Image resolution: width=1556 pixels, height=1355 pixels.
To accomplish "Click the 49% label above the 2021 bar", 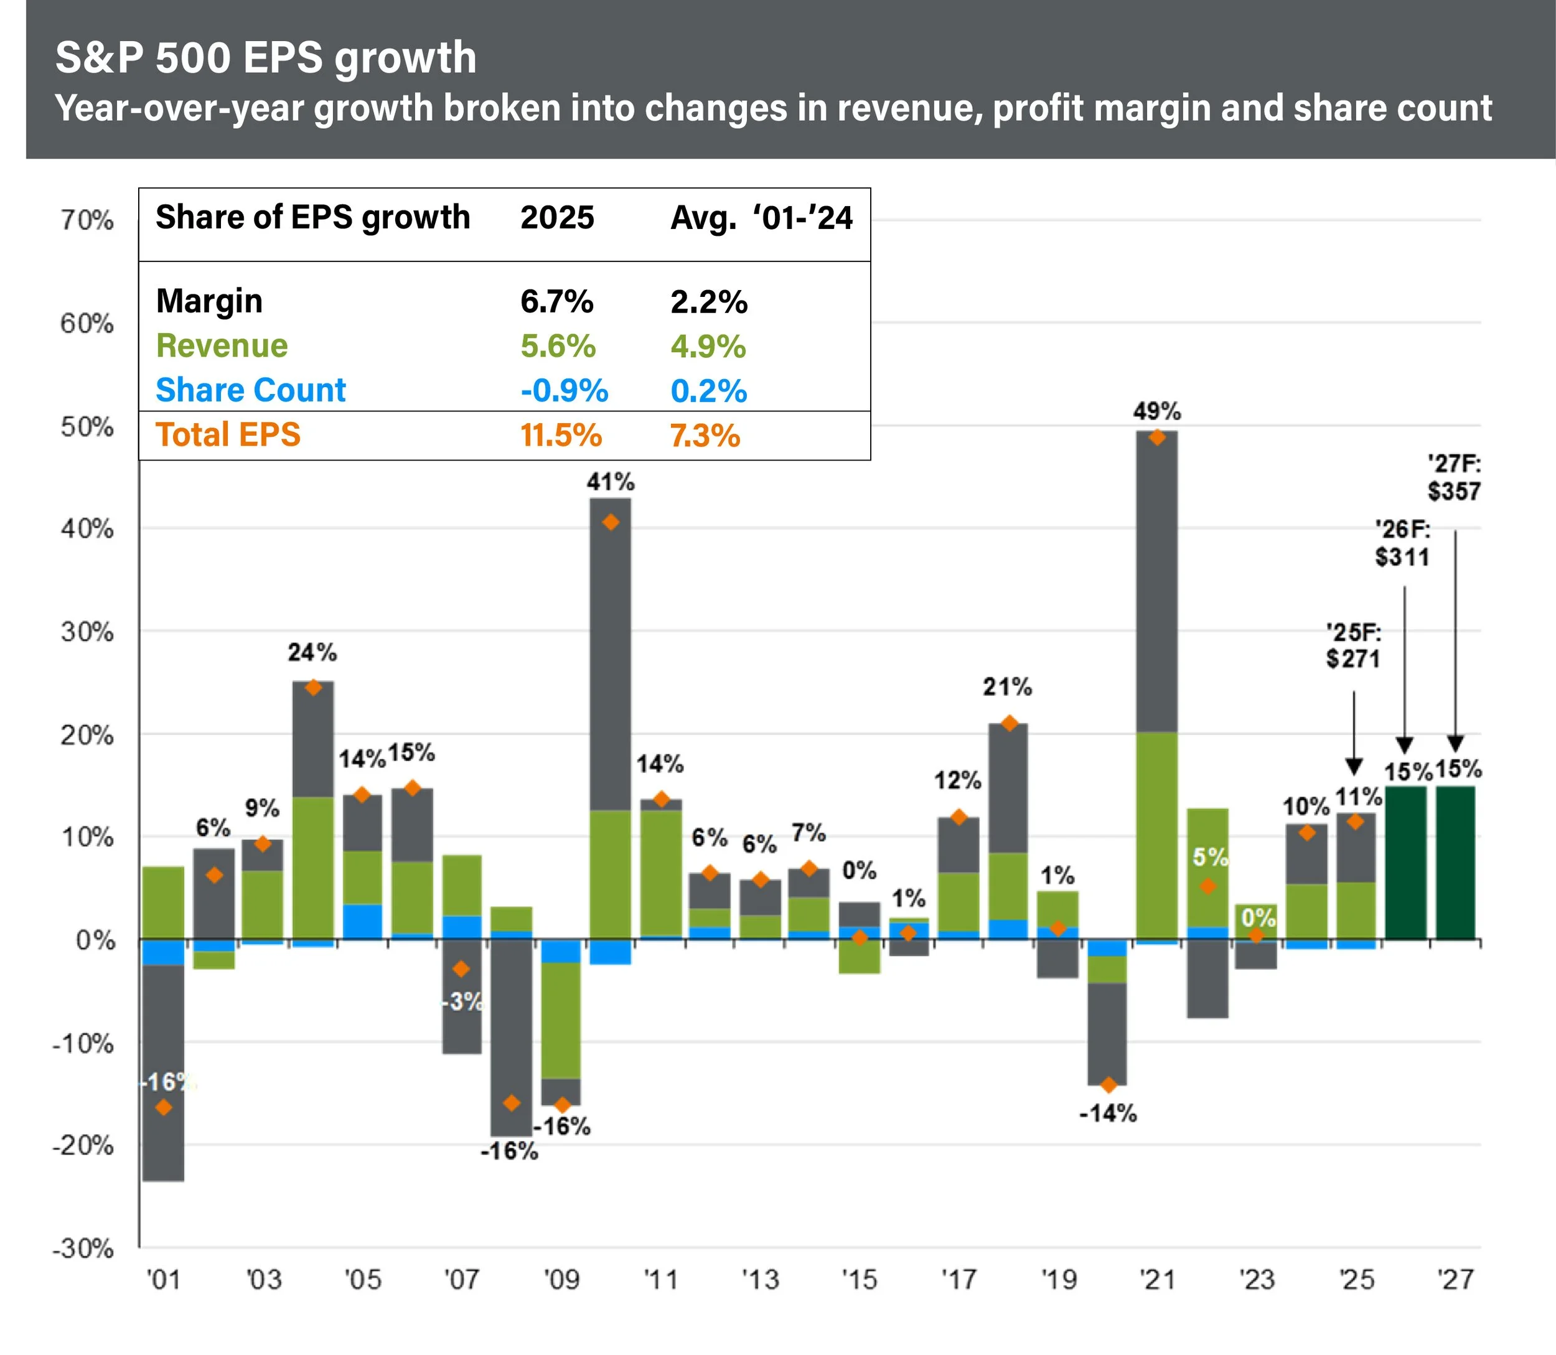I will (x=1156, y=411).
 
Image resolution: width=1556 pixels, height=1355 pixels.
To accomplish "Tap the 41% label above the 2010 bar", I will (x=610, y=482).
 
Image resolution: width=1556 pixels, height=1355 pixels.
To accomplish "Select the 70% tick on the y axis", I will (x=87, y=220).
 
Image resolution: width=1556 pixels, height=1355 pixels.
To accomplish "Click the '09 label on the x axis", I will (x=561, y=1280).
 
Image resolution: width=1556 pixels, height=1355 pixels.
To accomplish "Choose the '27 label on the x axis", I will (x=1455, y=1280).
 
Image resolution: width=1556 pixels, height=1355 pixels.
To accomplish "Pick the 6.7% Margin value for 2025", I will (x=556, y=302).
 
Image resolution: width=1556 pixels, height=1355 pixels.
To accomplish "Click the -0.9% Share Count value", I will (x=564, y=391).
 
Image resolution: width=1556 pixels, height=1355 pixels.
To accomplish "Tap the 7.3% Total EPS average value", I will (x=705, y=436).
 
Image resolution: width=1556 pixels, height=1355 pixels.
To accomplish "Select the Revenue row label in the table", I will (x=222, y=346).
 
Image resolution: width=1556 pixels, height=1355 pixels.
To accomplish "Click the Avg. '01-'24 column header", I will (x=761, y=218).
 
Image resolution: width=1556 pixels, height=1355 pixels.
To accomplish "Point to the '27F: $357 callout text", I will (x=1453, y=478).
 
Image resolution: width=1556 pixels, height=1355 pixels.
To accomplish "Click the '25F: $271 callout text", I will (x=1352, y=645).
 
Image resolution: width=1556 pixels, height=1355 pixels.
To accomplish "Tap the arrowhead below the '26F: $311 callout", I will (x=1404, y=745).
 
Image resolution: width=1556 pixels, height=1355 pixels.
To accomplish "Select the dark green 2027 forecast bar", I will (x=1455, y=863).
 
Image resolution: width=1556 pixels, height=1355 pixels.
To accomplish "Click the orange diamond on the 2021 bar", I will (x=1156, y=438).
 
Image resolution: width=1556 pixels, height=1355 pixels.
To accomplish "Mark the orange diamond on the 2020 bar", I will (x=1108, y=1085).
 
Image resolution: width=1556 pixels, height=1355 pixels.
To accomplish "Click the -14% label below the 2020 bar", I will (x=1108, y=1113).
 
